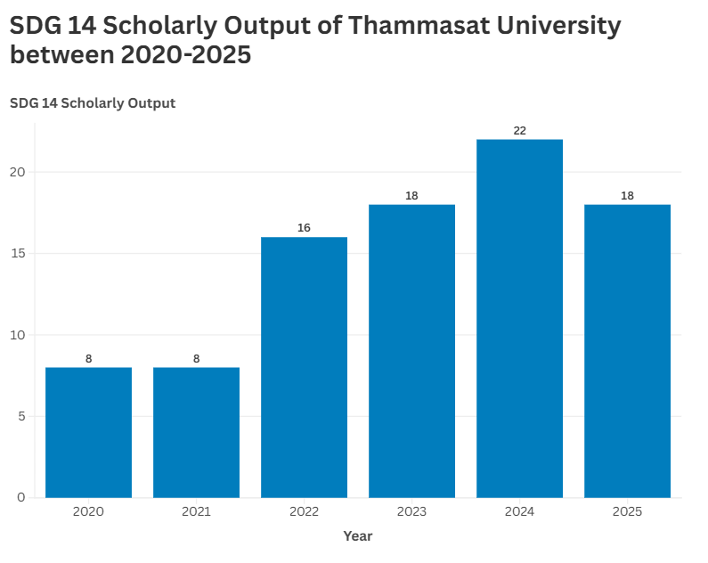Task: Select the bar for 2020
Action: click(x=88, y=432)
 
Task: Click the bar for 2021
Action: click(x=196, y=432)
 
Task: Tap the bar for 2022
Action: click(x=304, y=367)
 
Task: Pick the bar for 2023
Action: click(x=411, y=351)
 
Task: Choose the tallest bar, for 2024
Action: click(x=519, y=318)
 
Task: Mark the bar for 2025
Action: click(x=627, y=351)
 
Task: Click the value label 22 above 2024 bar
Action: click(x=520, y=131)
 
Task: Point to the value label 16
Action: click(x=304, y=228)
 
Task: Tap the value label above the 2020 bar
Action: click(x=88, y=359)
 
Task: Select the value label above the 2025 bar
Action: click(x=627, y=196)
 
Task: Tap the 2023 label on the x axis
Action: click(x=411, y=512)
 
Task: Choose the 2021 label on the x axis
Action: click(x=196, y=512)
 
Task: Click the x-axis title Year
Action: click(x=358, y=536)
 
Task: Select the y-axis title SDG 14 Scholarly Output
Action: click(x=93, y=103)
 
